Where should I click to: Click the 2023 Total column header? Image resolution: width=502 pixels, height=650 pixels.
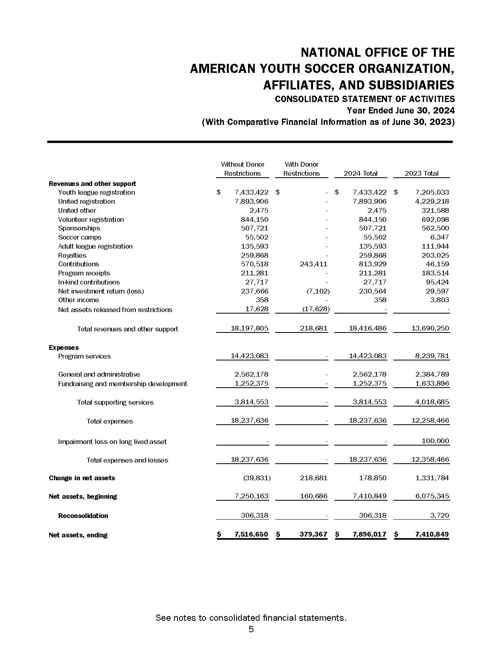(x=421, y=173)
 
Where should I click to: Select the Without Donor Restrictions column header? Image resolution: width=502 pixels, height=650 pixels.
(x=243, y=169)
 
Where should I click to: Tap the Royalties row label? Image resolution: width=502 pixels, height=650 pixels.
(x=72, y=255)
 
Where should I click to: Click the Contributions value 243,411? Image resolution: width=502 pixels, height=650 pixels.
(x=313, y=264)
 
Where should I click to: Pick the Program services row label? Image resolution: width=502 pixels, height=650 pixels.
(x=84, y=356)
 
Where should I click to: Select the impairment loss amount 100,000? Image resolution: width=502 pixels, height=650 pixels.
(x=435, y=441)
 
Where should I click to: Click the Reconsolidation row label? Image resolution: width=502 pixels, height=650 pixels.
(x=83, y=516)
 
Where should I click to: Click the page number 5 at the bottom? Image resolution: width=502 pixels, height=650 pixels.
(x=251, y=629)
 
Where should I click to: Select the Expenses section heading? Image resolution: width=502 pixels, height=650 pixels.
(x=64, y=347)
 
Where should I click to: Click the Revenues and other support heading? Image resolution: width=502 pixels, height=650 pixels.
(x=92, y=184)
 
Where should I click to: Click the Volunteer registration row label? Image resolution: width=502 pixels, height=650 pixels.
(x=91, y=219)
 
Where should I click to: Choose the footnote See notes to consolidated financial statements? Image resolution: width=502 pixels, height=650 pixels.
(x=251, y=618)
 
